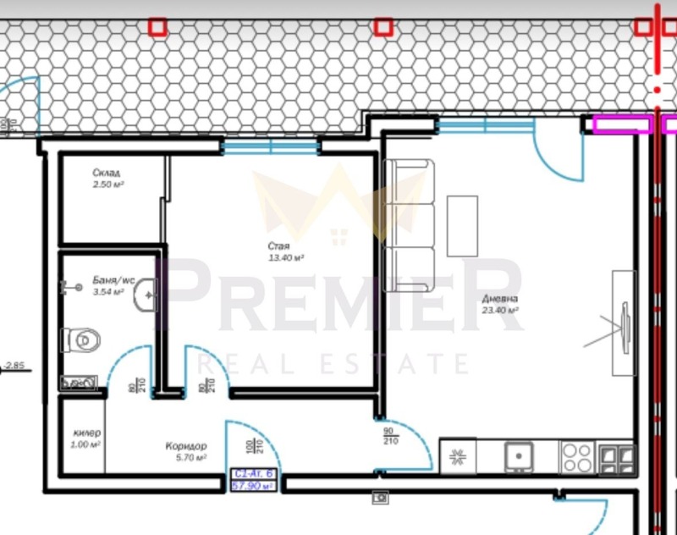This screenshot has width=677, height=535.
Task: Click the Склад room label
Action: coord(107,173)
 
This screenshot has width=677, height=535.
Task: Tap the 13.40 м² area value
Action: coord(287,257)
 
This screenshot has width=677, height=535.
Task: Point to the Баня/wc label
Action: coord(113,279)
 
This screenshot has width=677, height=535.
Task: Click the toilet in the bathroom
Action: coord(81,340)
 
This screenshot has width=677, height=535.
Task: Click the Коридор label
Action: coord(186,445)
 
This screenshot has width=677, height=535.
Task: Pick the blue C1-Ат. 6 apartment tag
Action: coord(255,480)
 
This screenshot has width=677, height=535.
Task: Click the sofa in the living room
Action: coord(410,226)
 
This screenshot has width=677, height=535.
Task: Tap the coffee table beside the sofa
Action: coord(462,227)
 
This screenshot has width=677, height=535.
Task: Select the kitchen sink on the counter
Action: coord(519,457)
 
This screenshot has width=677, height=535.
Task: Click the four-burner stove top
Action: coord(578,458)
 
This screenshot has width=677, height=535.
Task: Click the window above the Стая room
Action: coord(271,146)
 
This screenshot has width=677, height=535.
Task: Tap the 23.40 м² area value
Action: coord(502,311)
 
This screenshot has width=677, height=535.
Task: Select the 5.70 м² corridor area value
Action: coord(190,457)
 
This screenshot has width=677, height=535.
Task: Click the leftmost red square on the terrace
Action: coord(157,27)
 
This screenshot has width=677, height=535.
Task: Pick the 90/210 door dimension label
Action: coord(389,436)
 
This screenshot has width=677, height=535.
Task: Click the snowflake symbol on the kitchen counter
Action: coord(458,458)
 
